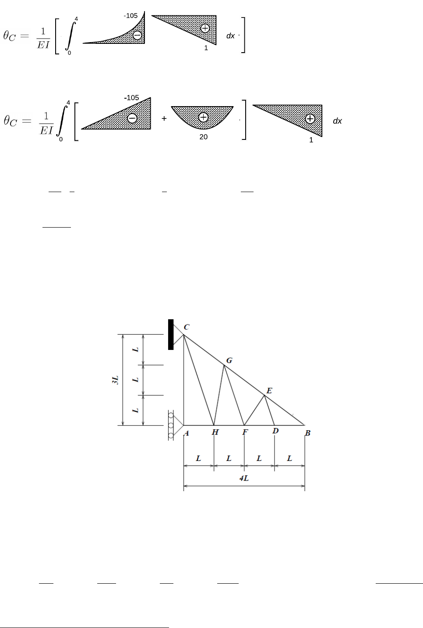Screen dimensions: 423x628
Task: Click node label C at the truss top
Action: pos(187,327)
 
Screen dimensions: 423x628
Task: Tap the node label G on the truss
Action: pos(229,360)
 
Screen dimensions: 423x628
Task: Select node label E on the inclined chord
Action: pos(269,391)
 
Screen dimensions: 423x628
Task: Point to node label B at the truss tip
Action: pos(308,433)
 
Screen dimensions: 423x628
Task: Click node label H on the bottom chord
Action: pos(215,432)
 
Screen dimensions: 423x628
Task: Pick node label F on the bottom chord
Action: pos(245,432)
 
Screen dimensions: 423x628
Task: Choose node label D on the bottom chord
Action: pos(275,431)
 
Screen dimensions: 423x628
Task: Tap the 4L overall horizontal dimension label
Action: pos(244,478)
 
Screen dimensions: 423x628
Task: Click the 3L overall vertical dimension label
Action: pos(115,380)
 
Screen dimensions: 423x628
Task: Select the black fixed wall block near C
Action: pos(171,335)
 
